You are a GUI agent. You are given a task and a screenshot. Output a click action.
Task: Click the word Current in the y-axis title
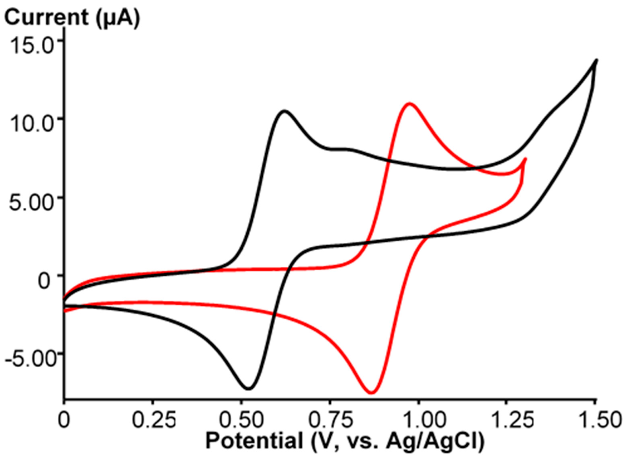[x=46, y=18]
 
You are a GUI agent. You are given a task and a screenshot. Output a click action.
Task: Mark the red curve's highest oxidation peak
[x=409, y=103]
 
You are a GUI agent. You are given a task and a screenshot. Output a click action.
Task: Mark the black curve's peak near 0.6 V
[x=284, y=111]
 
